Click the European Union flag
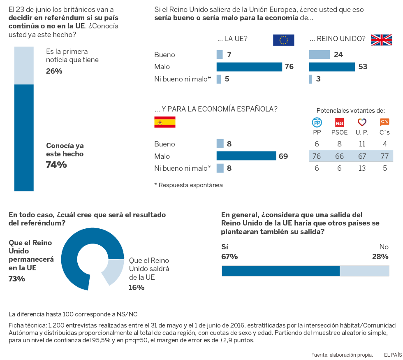(283, 40)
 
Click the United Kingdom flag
(382, 40)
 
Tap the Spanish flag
(164, 122)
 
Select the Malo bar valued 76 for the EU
(249, 67)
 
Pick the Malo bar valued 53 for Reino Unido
(332, 67)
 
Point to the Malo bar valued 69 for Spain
(246, 156)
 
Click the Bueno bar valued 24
(320, 55)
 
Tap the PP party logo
(317, 122)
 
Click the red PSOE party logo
(340, 122)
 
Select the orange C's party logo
(384, 122)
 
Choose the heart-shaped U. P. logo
(362, 122)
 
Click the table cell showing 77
(384, 156)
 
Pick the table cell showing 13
(362, 168)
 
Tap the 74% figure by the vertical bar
(56, 165)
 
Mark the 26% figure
(54, 71)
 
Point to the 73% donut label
(17, 279)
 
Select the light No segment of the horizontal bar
(365, 271)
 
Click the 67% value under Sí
(229, 257)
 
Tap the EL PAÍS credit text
(393, 354)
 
